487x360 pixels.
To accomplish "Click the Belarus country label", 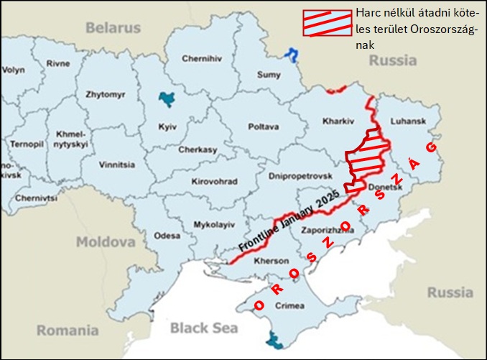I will pos(113,28).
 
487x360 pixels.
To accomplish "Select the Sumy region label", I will pos(269,74).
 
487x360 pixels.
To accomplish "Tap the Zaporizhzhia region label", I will pos(328,232).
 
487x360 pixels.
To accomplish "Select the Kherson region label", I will pos(272,261).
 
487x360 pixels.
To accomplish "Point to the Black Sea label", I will pos(203,328).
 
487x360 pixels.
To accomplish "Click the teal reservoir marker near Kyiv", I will pos(167,98).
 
